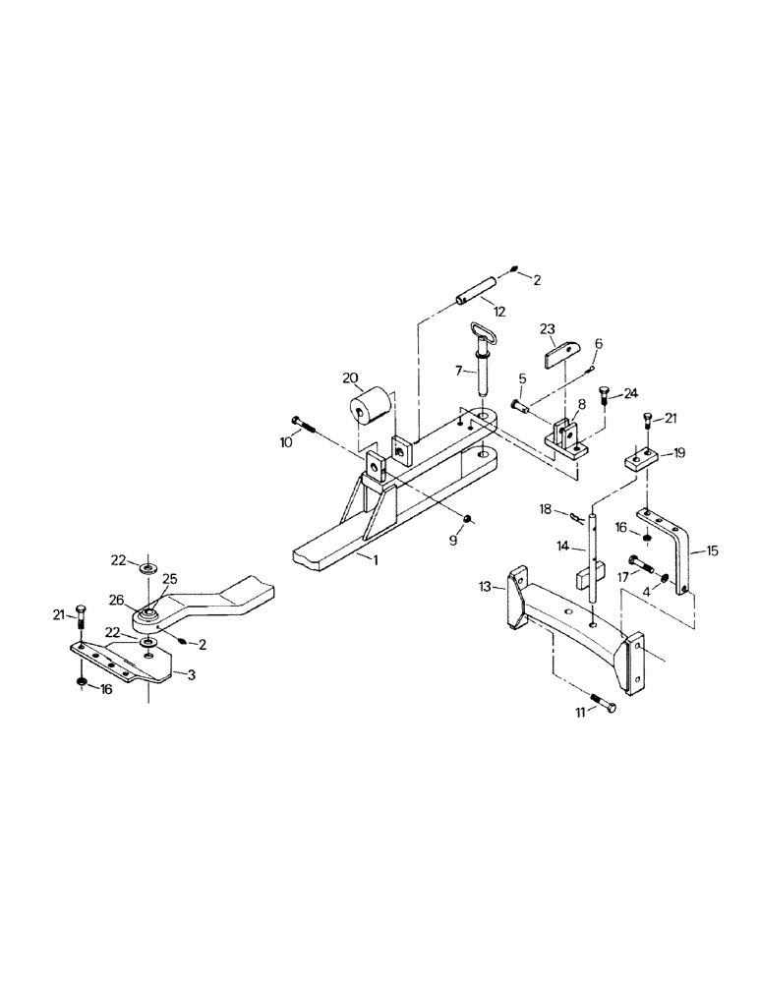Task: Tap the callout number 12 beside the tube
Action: point(499,312)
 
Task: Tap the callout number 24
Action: point(630,393)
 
